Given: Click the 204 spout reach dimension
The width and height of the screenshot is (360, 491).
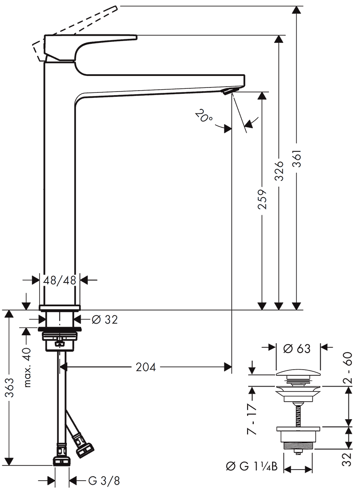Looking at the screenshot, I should click(146, 367).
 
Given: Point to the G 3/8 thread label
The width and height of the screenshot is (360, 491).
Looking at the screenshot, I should click(104, 481).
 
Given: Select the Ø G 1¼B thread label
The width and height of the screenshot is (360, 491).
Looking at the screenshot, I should click(252, 467).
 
